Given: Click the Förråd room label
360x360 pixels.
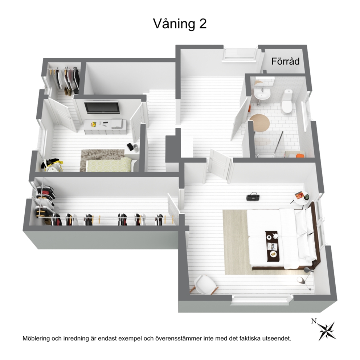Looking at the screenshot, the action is pyautogui.click(x=285, y=61).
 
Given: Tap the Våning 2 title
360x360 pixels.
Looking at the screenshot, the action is pyautogui.click(x=180, y=24).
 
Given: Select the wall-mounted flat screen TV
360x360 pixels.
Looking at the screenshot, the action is pyautogui.click(x=102, y=107).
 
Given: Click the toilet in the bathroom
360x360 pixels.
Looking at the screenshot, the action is pyautogui.click(x=287, y=101).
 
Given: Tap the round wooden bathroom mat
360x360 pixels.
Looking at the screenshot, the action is pyautogui.click(x=260, y=123).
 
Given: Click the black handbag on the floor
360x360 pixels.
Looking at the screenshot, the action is pyautogui.click(x=253, y=197).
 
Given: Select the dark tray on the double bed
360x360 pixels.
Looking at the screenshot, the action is pyautogui.click(x=273, y=246).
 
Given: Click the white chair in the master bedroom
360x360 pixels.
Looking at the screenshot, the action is pyautogui.click(x=205, y=284).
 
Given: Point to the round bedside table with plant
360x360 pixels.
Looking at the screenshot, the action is pyautogui.click(x=301, y=199).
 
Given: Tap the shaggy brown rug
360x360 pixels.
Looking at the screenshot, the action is pyautogui.click(x=103, y=160).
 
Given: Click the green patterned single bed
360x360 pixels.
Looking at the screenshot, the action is pyautogui.click(x=109, y=165).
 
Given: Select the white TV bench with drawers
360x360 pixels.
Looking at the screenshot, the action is pyautogui.click(x=105, y=127).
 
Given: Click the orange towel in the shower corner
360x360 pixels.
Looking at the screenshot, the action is pyautogui.click(x=300, y=155).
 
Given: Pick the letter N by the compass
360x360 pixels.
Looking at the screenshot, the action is pyautogui.click(x=314, y=321).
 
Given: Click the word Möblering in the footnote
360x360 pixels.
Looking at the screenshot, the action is pyautogui.click(x=36, y=339).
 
